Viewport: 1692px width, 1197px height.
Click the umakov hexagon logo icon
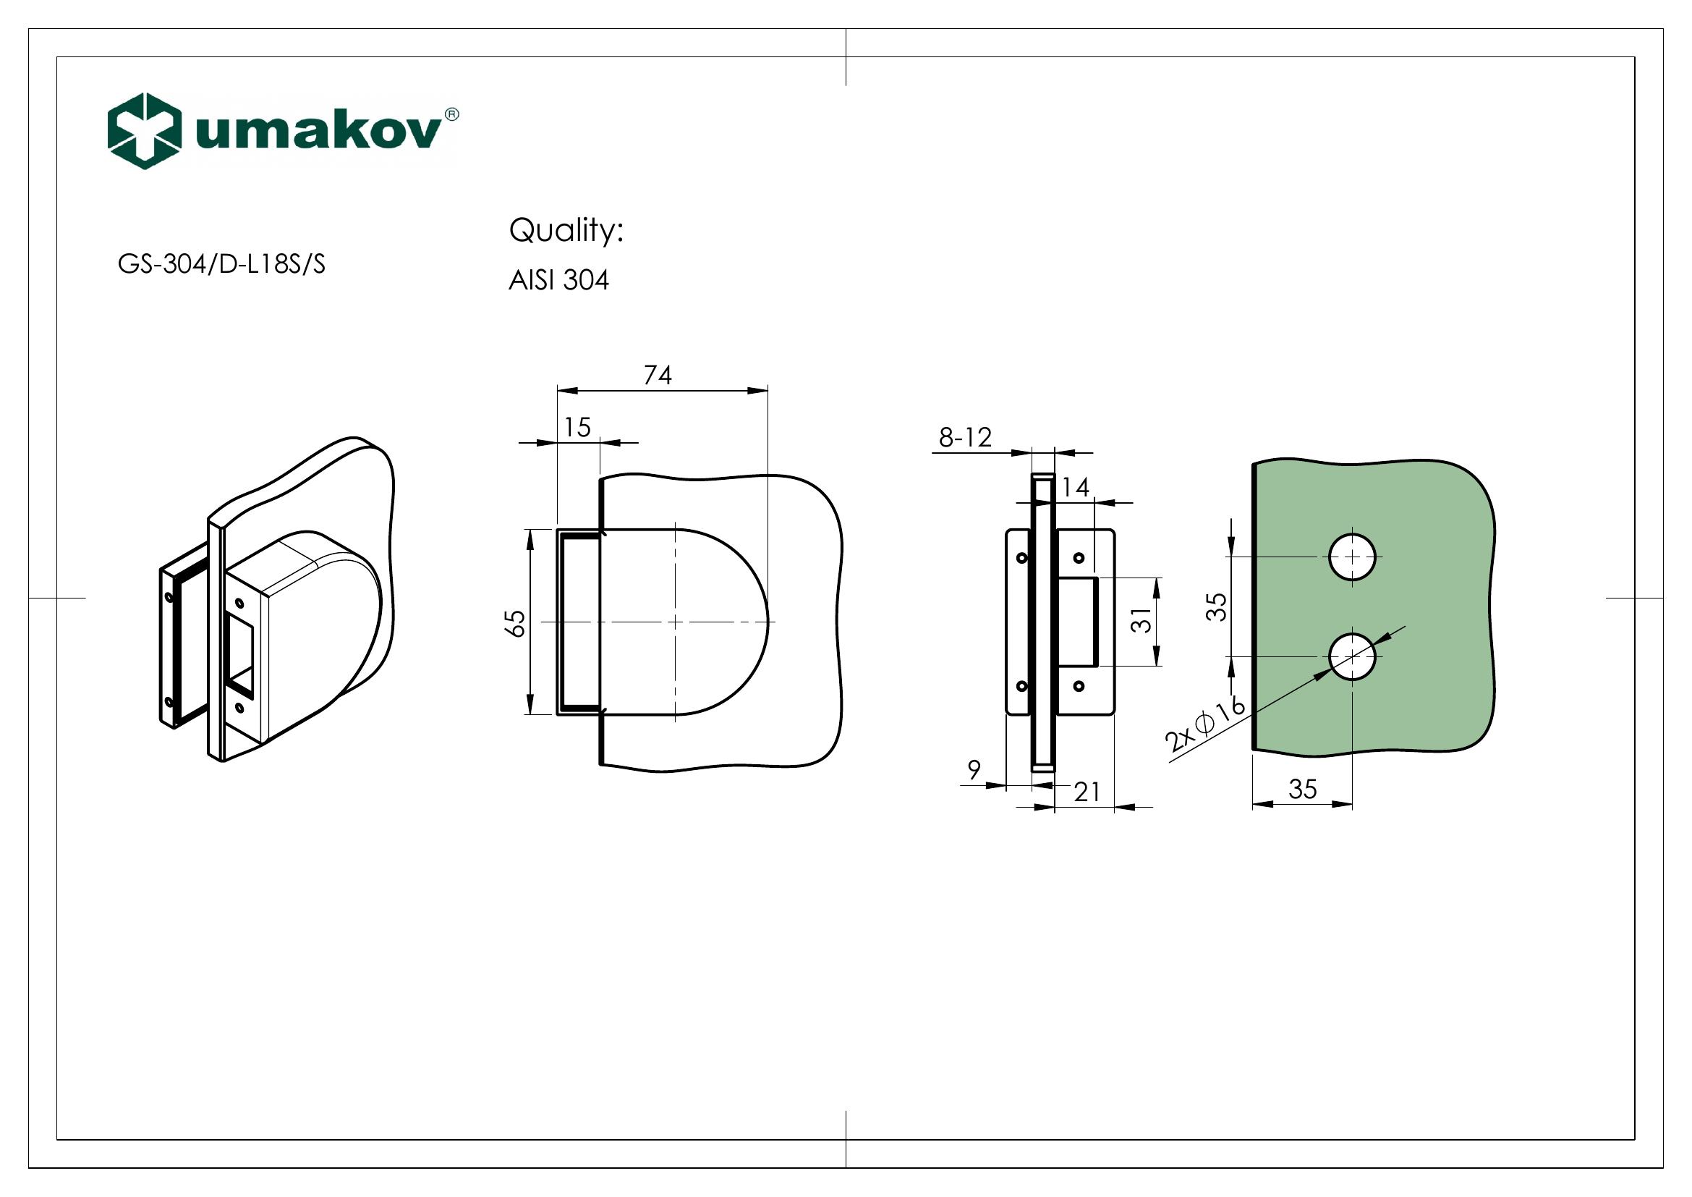pyautogui.click(x=145, y=130)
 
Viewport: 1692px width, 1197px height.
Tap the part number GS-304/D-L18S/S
pyautogui.click(x=221, y=265)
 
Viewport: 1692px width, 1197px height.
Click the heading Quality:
pyautogui.click(x=566, y=231)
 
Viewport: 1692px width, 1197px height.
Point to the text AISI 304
pyautogui.click(x=558, y=281)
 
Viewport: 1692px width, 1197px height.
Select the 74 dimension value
pyautogui.click(x=658, y=375)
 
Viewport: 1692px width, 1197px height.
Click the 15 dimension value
pyautogui.click(x=578, y=428)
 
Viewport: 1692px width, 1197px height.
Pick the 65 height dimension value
pyautogui.click(x=517, y=623)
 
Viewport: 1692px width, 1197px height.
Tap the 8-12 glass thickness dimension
pyautogui.click(x=965, y=438)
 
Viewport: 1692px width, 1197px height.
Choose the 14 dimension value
pyautogui.click(x=1076, y=487)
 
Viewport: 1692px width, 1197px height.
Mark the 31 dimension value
pyautogui.click(x=1141, y=620)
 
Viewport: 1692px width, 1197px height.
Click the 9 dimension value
pyautogui.click(x=974, y=770)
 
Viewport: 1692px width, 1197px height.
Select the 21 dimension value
pyautogui.click(x=1087, y=792)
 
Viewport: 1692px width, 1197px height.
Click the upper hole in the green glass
pyautogui.click(x=1351, y=557)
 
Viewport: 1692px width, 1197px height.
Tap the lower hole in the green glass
pyautogui.click(x=1351, y=655)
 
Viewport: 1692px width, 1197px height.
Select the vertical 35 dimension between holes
pyautogui.click(x=1218, y=606)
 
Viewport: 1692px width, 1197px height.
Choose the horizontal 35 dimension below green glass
pyautogui.click(x=1302, y=790)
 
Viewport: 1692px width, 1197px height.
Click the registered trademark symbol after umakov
pyautogui.click(x=451, y=114)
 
